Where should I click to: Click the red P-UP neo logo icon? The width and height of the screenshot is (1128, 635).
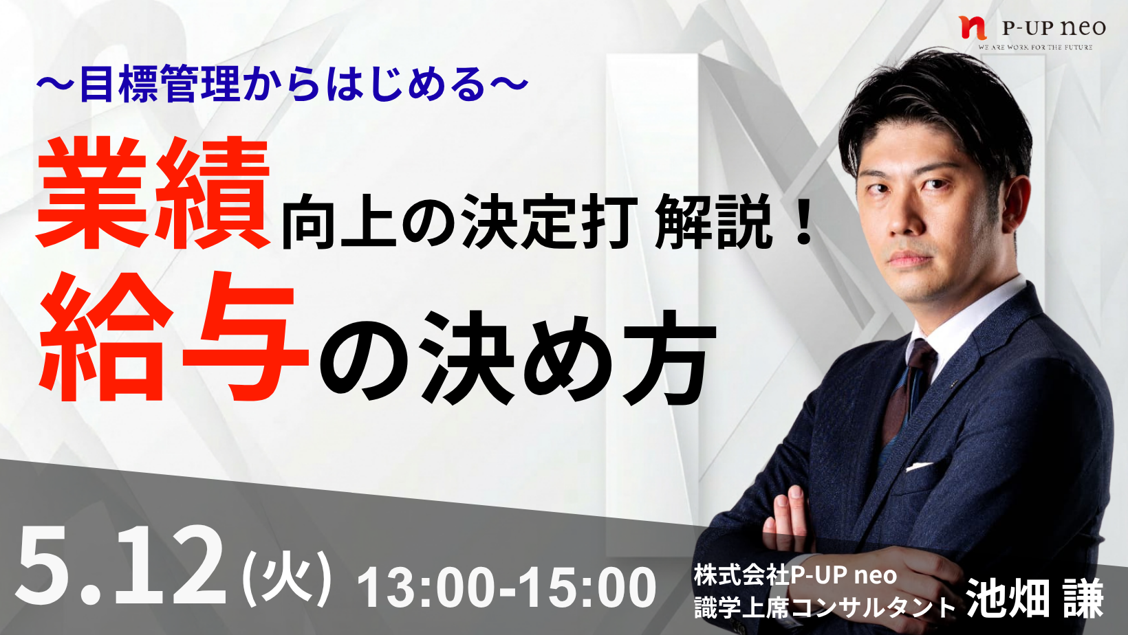(973, 27)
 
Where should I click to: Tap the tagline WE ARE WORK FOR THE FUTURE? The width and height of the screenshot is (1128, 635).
(1035, 47)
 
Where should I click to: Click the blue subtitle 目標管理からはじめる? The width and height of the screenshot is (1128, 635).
(283, 85)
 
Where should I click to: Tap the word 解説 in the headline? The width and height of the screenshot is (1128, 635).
(713, 221)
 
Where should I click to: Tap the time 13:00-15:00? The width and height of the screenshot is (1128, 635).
(506, 587)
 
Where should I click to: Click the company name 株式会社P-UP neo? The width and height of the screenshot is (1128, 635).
(795, 575)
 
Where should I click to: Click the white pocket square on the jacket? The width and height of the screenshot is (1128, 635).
(918, 467)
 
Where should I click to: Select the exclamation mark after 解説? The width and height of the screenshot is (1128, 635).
(803, 221)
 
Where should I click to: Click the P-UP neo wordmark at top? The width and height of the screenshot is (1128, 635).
(1054, 27)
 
